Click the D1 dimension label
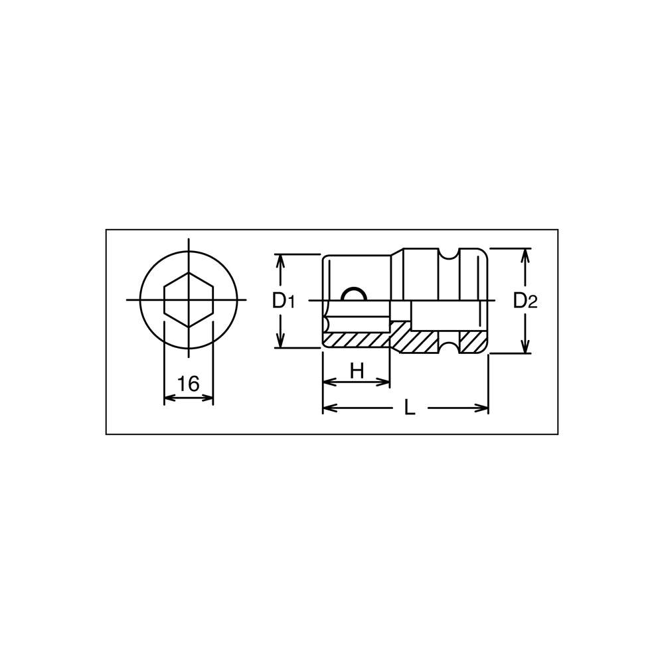[284, 301]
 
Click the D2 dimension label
[525, 301]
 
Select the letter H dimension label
[357, 371]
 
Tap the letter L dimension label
[410, 408]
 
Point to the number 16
[189, 384]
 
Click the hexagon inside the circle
[189, 300]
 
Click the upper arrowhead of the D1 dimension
[280, 262]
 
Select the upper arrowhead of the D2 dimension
[525, 256]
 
